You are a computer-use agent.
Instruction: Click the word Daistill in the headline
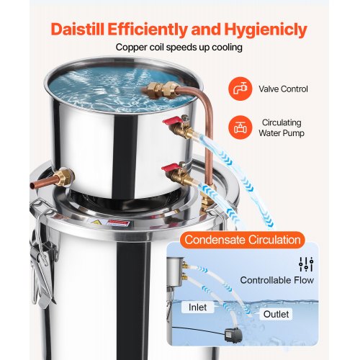click(x=78, y=30)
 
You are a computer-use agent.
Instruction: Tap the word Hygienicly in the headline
click(x=266, y=30)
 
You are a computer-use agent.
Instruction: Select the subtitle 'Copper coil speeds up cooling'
click(x=179, y=48)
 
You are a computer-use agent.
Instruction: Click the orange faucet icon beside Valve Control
click(x=240, y=89)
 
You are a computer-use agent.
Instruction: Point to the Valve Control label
click(x=283, y=89)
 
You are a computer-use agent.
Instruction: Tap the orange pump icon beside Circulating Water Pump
click(x=240, y=127)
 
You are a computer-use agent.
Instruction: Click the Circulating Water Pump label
click(x=282, y=127)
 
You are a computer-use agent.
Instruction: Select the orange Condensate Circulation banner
click(x=243, y=240)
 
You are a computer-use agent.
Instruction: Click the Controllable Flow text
click(x=277, y=280)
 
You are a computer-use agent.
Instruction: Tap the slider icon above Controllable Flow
click(x=306, y=264)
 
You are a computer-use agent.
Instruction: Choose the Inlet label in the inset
click(x=197, y=307)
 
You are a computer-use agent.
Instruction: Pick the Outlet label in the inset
click(x=276, y=314)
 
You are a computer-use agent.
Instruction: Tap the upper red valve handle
click(x=172, y=120)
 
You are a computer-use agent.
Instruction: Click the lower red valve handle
click(x=171, y=167)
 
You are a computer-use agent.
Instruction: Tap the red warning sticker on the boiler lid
click(x=117, y=223)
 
